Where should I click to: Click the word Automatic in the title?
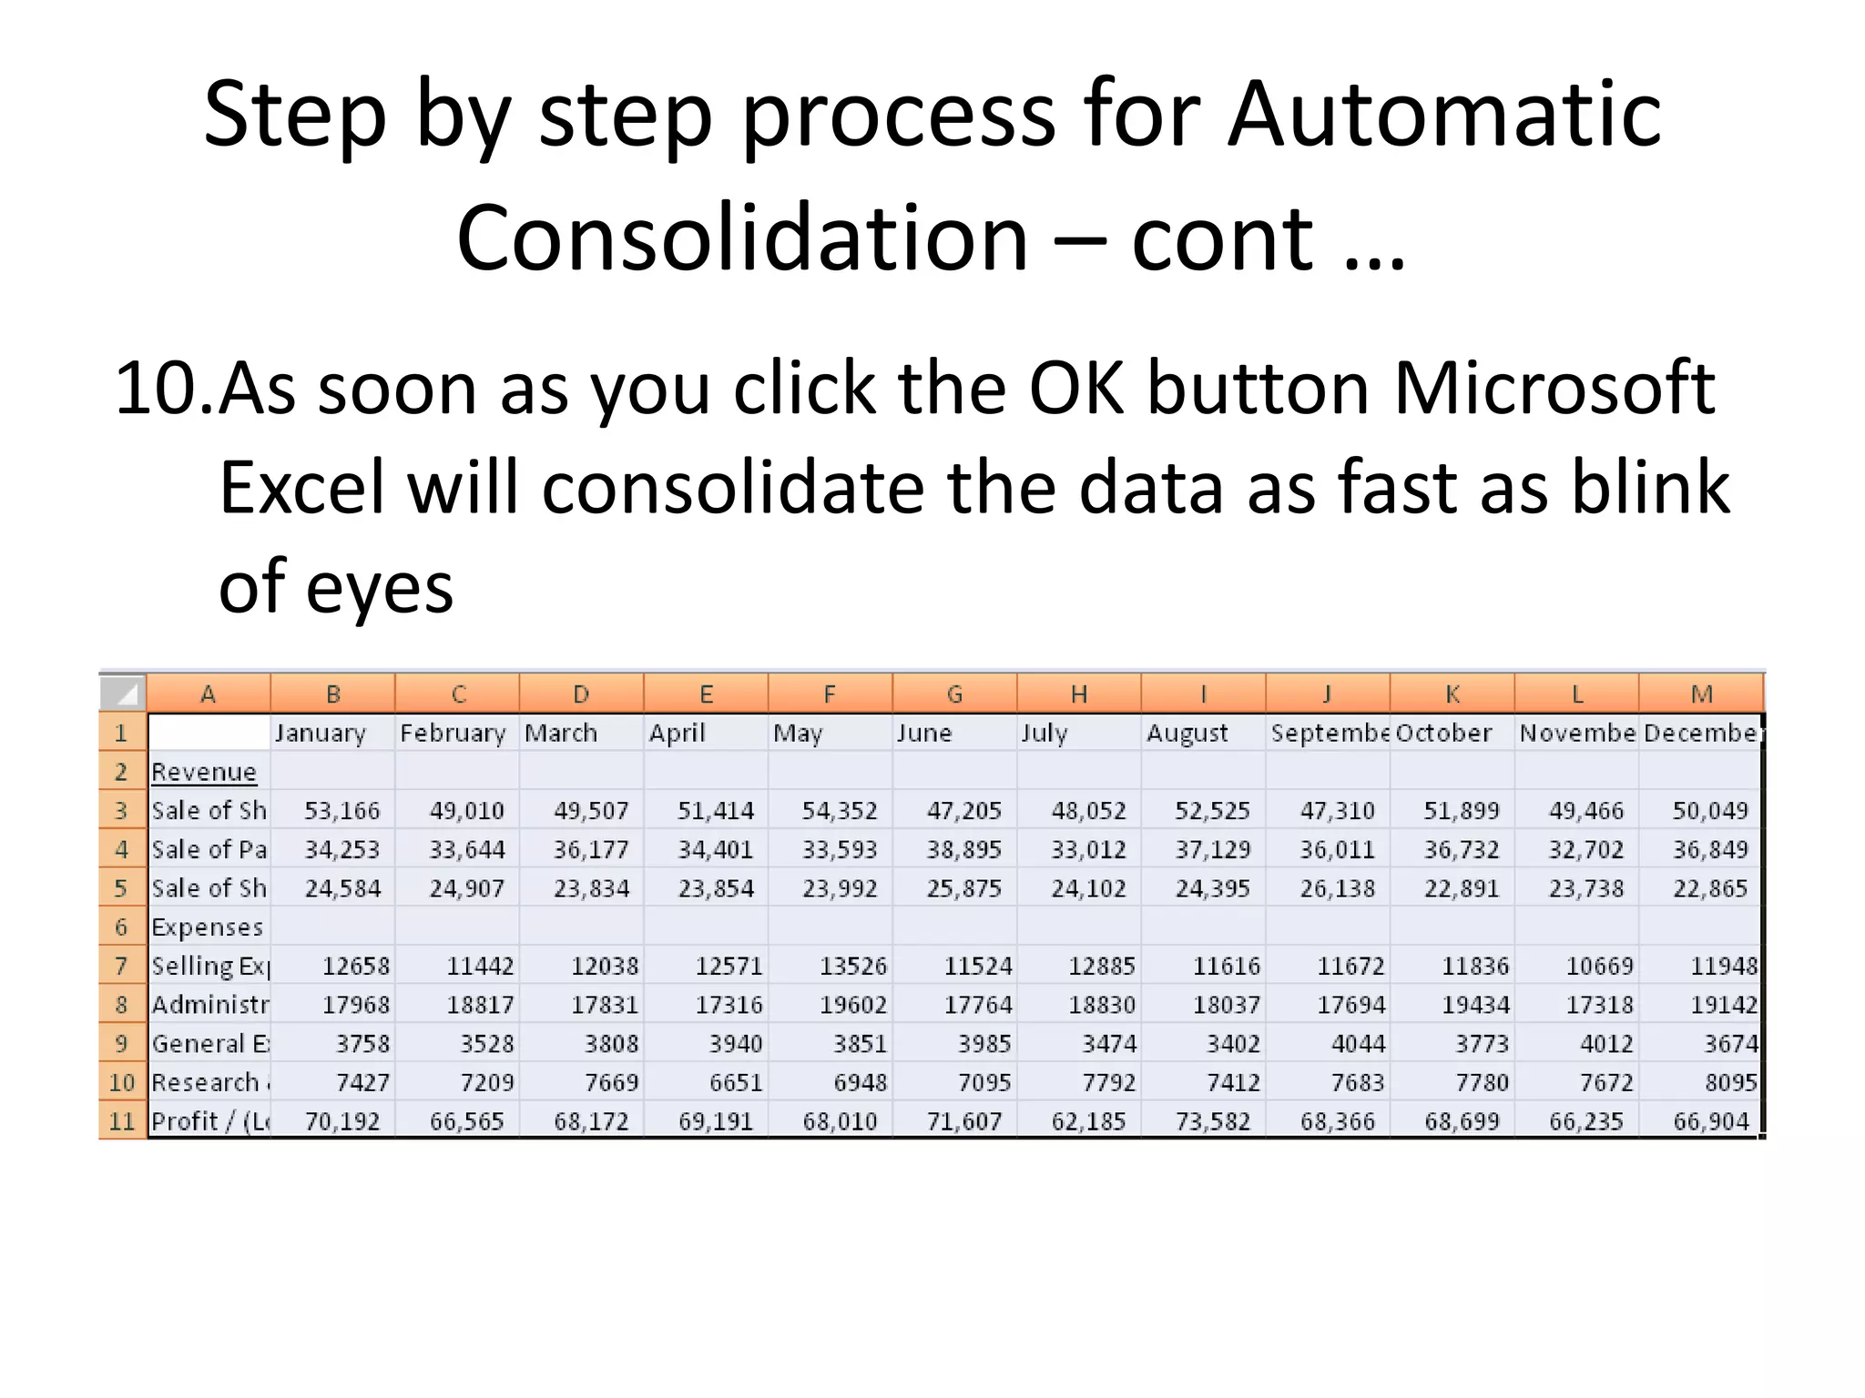[1443, 114]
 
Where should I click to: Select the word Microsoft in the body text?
[1554, 390]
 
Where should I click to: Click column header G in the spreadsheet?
[954, 694]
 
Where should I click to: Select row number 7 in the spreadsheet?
[121, 966]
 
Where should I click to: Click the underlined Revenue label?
[204, 772]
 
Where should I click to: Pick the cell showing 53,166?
[341, 811]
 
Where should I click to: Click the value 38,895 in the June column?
[963, 850]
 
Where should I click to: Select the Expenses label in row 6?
[207, 927]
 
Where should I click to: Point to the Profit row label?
[209, 1121]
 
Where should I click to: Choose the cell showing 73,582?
[1212, 1121]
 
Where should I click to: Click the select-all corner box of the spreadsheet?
[122, 694]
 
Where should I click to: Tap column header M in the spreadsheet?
[1701, 694]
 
